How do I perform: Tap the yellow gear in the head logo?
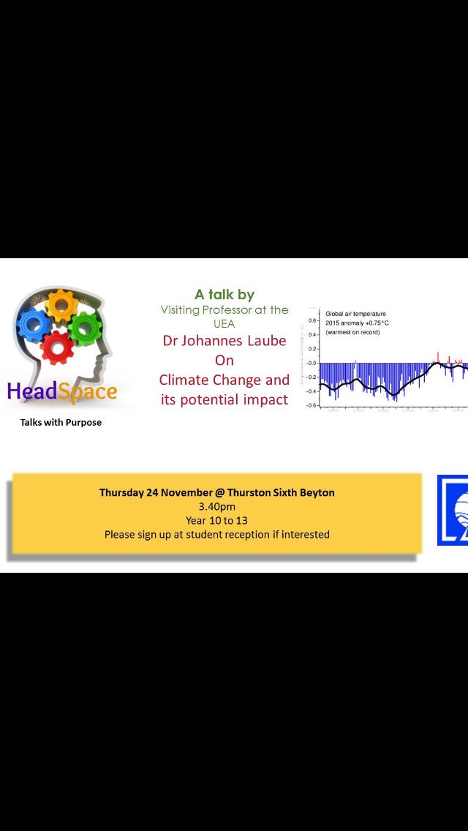[x=61, y=305]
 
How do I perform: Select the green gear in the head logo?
[x=86, y=328]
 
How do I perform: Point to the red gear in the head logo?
[x=58, y=347]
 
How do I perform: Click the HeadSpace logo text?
[x=62, y=391]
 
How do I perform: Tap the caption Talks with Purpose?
[x=61, y=422]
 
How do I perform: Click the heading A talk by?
[x=224, y=295]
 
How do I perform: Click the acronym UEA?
[x=224, y=323]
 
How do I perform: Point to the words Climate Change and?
[x=224, y=380]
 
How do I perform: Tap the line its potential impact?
[x=224, y=400]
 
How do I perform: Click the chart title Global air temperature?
[x=355, y=314]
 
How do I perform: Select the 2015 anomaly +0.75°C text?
[x=358, y=323]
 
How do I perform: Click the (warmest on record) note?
[x=352, y=332]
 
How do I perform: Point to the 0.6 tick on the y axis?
[x=312, y=320]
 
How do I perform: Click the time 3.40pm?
[x=216, y=506]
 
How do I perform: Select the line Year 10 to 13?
[x=216, y=520]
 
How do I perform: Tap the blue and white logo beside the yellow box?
[x=453, y=510]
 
